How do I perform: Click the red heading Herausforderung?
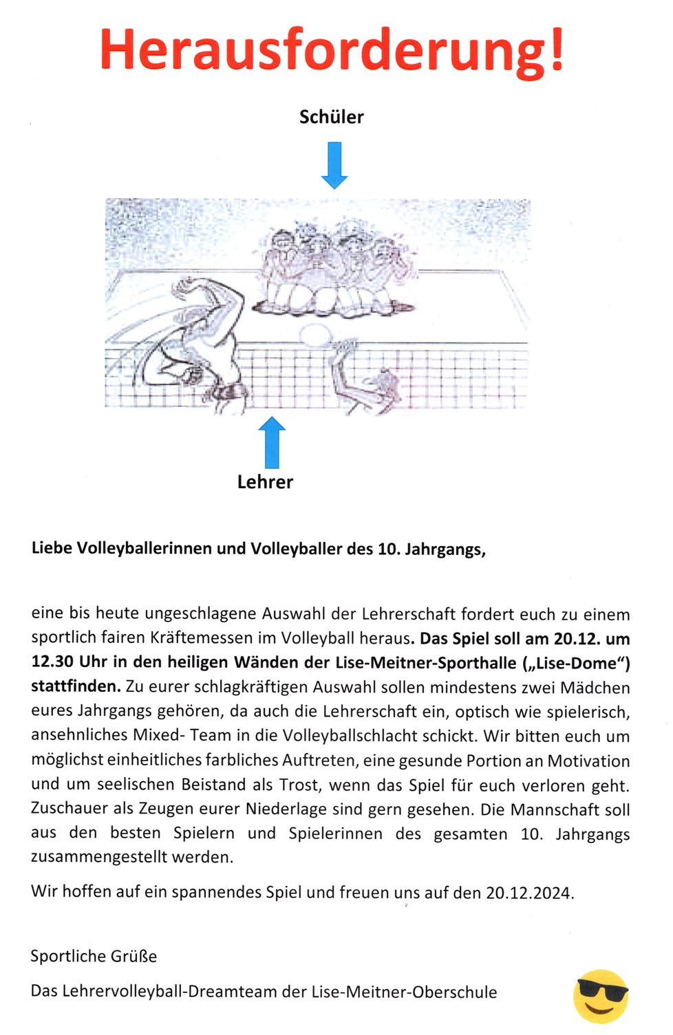[332, 50]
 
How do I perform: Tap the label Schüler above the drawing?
[331, 117]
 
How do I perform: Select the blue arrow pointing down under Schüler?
[334, 165]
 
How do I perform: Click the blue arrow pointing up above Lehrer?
[272, 442]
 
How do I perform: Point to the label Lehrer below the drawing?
[265, 482]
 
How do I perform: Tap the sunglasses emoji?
[601, 996]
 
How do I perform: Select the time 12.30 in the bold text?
[52, 662]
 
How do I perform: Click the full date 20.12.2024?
[528, 893]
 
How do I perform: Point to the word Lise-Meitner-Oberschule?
[404, 992]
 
